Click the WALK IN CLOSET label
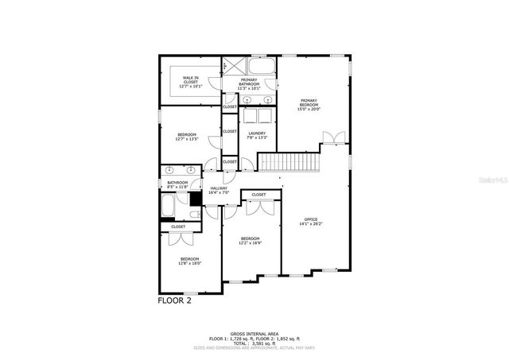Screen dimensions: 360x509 [190, 79]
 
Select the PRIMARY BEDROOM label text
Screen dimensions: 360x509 [309, 104]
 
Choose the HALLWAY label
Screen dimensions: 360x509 [219, 190]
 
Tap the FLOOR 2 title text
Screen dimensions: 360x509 [174, 300]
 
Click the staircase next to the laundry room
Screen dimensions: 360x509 [289, 162]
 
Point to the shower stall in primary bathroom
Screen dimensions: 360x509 [226, 65]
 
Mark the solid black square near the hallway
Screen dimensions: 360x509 [195, 199]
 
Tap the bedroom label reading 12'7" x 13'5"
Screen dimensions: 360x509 [187, 137]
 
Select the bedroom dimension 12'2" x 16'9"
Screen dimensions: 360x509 [250, 242]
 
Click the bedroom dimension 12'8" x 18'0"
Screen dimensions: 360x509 [190, 261]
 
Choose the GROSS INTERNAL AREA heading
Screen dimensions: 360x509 [254, 334]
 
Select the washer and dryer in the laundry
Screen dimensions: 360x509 [256, 114]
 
